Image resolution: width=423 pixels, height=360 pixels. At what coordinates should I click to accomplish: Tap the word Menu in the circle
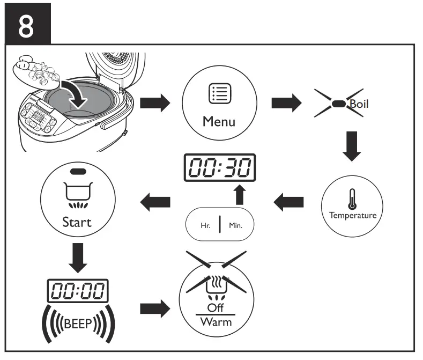point(219,121)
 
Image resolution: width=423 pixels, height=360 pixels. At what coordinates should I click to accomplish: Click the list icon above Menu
point(219,95)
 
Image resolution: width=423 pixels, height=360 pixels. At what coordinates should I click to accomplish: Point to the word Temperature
point(352,216)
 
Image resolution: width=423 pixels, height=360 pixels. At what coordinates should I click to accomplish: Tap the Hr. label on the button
point(205,225)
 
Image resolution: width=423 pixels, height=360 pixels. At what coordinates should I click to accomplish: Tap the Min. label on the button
point(235,225)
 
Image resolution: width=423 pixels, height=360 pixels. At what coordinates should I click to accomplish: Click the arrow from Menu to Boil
point(286,104)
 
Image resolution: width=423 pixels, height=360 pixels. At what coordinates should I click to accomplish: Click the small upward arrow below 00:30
point(240,195)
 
